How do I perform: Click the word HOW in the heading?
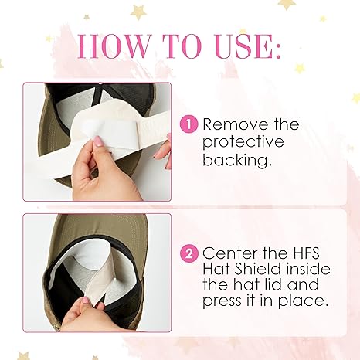point(114,46)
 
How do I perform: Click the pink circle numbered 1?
point(188,124)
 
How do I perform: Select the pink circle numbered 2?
point(189,253)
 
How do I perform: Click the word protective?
point(243,142)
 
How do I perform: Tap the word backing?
point(237,160)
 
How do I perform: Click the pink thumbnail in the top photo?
point(98,141)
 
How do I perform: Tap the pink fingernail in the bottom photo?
point(85,301)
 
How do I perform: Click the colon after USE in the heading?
point(277,49)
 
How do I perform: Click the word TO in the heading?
point(182,46)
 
